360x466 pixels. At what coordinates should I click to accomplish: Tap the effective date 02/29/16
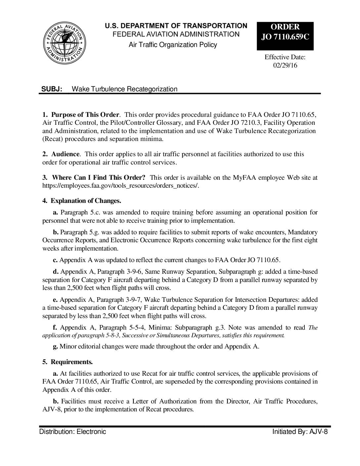285,65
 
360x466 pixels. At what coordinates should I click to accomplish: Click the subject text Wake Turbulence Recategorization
124,89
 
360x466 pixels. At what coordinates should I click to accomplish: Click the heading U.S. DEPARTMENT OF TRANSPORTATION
176,26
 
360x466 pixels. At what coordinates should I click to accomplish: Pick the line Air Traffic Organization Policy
173,45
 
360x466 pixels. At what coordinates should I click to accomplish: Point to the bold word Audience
65,154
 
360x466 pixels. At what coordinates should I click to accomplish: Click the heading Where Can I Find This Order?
99,178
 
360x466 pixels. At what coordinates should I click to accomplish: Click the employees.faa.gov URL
120,186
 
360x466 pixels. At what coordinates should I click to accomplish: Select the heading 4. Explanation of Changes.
82,201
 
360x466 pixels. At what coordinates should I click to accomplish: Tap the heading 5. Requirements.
67,362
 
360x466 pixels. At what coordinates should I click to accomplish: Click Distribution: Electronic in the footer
73,432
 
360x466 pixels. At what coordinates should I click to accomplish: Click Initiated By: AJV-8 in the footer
299,432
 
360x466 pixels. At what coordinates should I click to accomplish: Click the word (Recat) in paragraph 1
52,139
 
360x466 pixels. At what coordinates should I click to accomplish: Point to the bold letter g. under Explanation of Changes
55,347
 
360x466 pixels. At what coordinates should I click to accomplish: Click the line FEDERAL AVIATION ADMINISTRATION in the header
176,34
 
